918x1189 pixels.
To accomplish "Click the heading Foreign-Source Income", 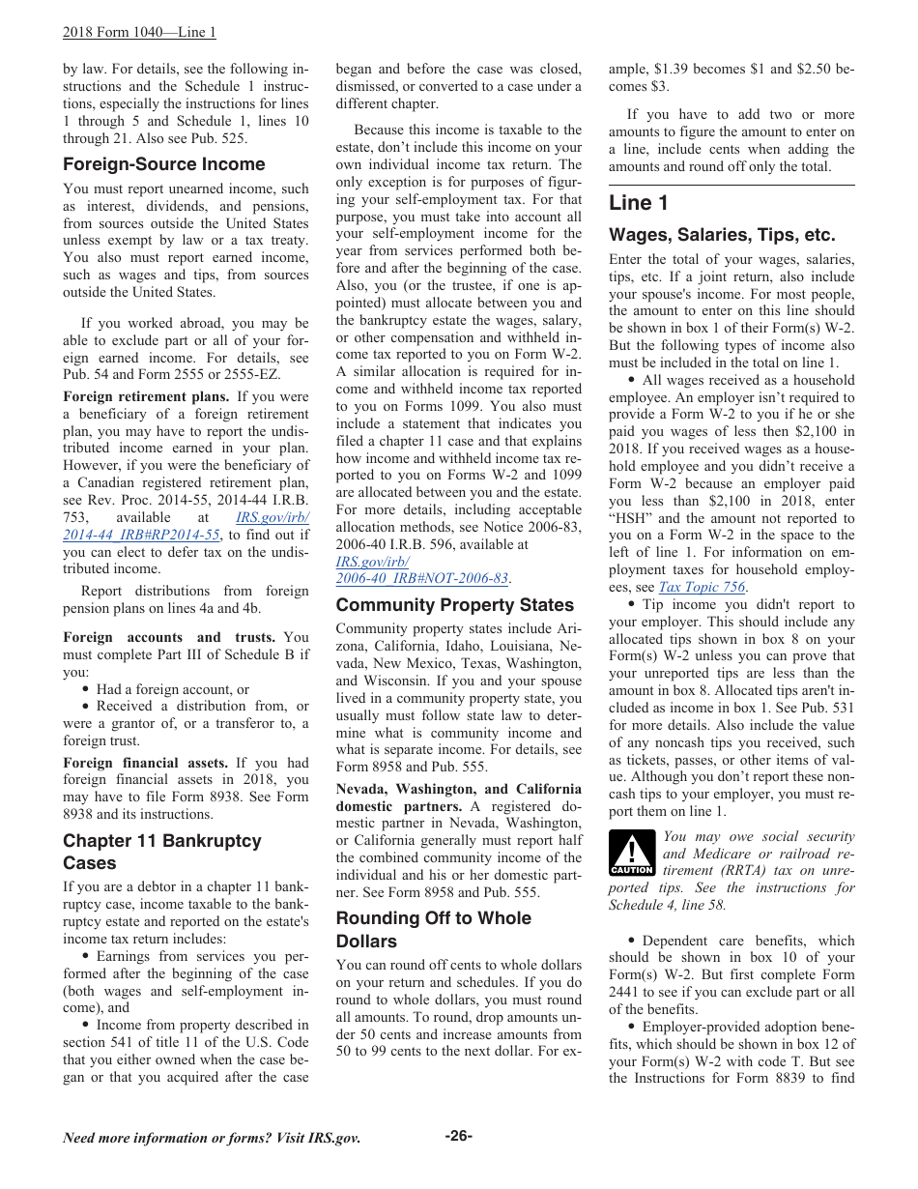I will (163, 164).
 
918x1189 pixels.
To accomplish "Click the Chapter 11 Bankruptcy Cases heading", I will (161, 852).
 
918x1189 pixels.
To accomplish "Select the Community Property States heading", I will (454, 605).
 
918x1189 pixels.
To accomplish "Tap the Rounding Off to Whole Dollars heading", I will (433, 929).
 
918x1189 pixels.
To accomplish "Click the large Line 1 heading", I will (638, 203).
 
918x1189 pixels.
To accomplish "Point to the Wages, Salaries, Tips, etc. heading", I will (722, 235).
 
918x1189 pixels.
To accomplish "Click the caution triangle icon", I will (631, 855).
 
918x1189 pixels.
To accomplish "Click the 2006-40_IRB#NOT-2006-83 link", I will (422, 578).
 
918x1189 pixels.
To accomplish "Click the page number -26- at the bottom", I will (458, 1136).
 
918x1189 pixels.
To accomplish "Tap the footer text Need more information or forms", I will (211, 1138).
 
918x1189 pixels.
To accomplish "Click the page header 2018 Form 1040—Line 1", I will (139, 32).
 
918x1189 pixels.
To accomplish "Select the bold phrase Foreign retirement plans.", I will (146, 396).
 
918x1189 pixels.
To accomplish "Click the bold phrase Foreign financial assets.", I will (145, 763).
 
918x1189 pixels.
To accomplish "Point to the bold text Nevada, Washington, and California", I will (458, 789).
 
